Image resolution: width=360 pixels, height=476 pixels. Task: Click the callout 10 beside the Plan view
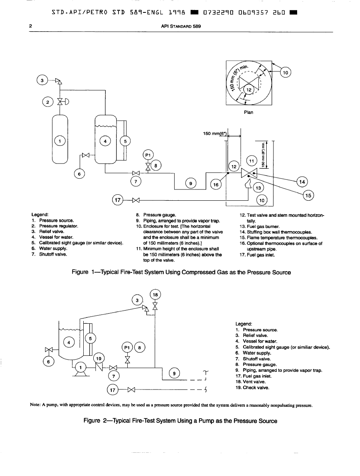pyautogui.click(x=286, y=73)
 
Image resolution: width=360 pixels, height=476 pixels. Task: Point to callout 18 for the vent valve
pyautogui.click(x=155, y=294)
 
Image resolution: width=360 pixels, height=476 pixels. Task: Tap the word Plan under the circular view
pyautogui.click(x=248, y=112)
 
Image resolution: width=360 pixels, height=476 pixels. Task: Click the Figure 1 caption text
pyautogui.click(x=181, y=272)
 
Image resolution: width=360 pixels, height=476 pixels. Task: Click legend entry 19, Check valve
pyautogui.click(x=253, y=387)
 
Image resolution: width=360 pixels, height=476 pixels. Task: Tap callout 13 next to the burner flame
pyautogui.click(x=258, y=188)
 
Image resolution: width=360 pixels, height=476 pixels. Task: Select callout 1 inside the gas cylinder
pyautogui.click(x=60, y=141)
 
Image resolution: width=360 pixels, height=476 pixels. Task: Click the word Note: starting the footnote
pyautogui.click(x=36, y=405)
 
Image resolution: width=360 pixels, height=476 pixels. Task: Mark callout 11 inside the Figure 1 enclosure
pyautogui.click(x=251, y=161)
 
